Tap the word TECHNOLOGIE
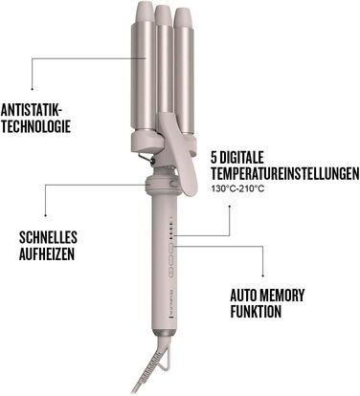37,124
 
